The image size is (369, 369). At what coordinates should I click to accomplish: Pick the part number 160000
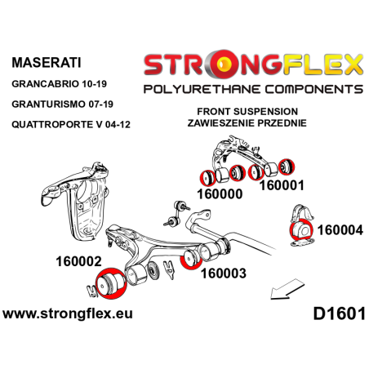click(x=221, y=195)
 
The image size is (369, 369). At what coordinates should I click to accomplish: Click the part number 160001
click(x=281, y=184)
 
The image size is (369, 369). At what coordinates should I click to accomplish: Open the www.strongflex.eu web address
click(x=69, y=313)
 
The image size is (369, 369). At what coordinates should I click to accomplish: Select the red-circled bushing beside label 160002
click(x=109, y=282)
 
